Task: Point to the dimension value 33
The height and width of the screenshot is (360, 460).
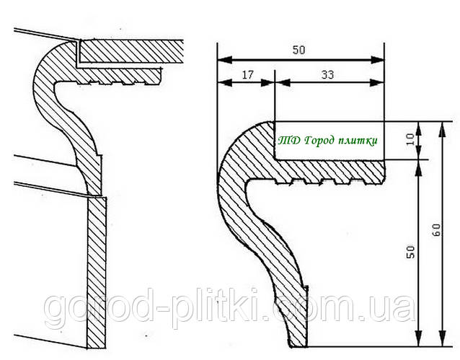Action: (x=329, y=74)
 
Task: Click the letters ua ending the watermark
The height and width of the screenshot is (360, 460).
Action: (x=397, y=309)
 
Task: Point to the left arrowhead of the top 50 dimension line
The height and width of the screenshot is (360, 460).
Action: (x=221, y=59)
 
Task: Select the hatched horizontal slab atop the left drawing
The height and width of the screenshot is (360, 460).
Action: (x=130, y=51)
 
